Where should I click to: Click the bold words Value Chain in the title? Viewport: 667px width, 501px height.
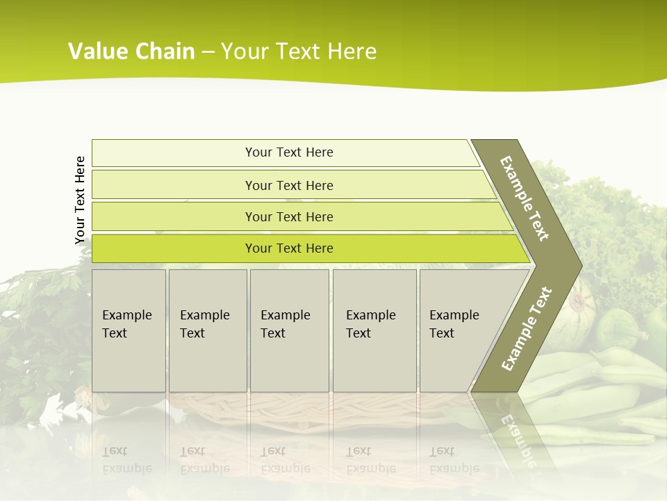point(131,51)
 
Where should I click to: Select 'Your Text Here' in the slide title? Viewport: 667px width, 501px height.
point(299,51)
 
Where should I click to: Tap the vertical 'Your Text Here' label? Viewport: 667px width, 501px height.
point(80,200)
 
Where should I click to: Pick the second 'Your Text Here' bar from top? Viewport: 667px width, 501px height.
point(289,185)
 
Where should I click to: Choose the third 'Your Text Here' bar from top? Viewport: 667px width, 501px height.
point(289,216)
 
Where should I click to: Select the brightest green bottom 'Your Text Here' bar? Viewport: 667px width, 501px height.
point(289,248)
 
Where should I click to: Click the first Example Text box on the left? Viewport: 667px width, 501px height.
point(129,331)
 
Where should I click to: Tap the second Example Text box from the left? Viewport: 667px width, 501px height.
point(207,331)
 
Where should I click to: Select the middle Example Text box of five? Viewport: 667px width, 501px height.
point(289,331)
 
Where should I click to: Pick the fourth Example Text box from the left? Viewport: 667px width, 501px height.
point(374,331)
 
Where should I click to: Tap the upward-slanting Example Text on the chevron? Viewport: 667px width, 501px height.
point(527,328)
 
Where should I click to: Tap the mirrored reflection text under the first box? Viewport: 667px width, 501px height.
point(126,460)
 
